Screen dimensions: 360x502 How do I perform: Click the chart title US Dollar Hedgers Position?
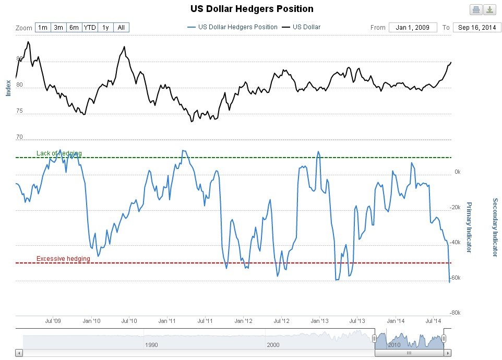(x=252, y=9)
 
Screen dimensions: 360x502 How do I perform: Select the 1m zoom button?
(x=43, y=27)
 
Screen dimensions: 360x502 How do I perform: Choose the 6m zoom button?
(x=74, y=27)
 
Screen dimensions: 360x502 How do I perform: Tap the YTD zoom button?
(x=90, y=27)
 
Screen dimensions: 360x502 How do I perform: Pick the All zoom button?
(x=121, y=27)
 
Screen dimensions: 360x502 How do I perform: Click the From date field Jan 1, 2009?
(x=412, y=27)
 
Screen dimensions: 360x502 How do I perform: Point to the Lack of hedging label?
(x=59, y=153)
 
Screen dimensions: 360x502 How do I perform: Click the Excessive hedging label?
(x=63, y=259)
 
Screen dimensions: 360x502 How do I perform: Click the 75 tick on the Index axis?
(x=20, y=111)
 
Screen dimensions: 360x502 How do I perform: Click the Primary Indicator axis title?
(x=468, y=227)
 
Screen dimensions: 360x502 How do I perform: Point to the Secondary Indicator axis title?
(x=495, y=227)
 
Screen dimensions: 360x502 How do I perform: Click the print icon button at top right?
(x=476, y=9)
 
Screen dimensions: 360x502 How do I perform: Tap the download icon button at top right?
(x=489, y=9)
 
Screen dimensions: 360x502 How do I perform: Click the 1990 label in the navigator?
(x=151, y=345)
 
